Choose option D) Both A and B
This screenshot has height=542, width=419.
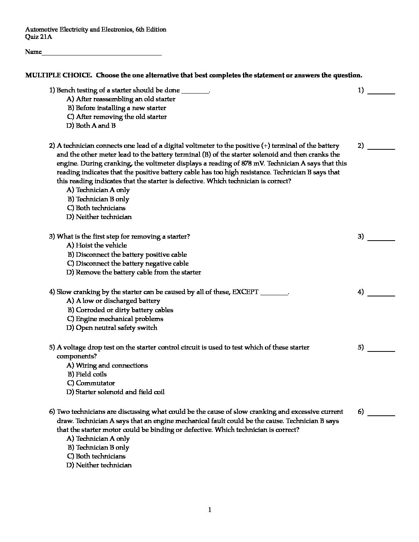91,125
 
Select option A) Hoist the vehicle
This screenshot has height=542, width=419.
97,245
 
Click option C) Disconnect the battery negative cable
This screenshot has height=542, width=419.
128,263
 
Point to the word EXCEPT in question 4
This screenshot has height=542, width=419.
245,292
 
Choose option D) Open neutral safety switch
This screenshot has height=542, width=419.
112,328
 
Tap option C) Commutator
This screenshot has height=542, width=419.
91,383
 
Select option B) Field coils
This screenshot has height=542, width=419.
87,374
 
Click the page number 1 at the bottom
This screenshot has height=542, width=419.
209,510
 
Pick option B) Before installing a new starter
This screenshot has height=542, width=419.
117,108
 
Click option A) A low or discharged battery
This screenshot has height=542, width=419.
113,301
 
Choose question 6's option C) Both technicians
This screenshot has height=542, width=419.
96,456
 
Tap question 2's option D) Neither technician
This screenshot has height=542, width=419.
99,217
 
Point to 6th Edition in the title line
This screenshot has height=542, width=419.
151,29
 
